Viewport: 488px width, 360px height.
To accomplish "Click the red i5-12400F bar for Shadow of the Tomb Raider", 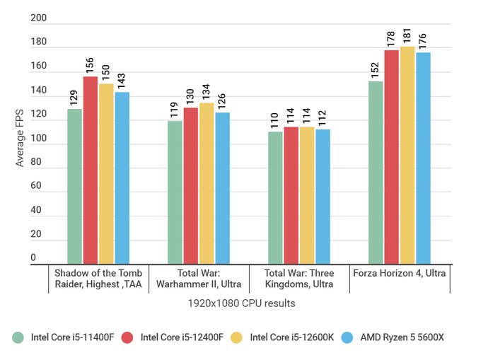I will coord(91,170).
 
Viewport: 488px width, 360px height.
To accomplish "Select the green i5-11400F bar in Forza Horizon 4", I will coord(376,173).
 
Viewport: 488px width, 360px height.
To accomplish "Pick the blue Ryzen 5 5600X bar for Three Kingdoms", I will coord(323,197).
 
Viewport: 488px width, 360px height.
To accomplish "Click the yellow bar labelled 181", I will coord(407,156).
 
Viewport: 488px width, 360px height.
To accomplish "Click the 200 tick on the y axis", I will coord(38,19).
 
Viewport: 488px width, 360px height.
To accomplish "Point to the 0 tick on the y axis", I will coord(33,257).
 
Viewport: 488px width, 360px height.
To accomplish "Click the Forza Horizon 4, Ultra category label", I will coord(400,273).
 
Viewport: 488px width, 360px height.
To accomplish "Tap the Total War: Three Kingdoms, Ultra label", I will coord(298,279).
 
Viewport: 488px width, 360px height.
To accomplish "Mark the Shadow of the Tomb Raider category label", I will coord(98,279).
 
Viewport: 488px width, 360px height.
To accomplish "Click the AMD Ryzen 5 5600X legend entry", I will coord(397,337).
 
